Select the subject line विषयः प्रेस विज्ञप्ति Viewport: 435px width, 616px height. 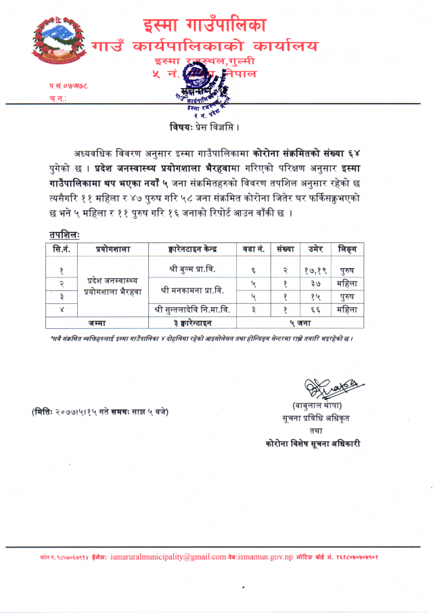[x=206, y=127]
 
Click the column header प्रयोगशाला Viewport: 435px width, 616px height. [x=113, y=248]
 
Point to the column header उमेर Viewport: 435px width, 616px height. [x=315, y=248]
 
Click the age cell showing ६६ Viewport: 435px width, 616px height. [x=315, y=310]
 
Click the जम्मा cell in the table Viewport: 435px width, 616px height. [x=95, y=322]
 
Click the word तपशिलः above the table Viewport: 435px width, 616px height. [x=64, y=234]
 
